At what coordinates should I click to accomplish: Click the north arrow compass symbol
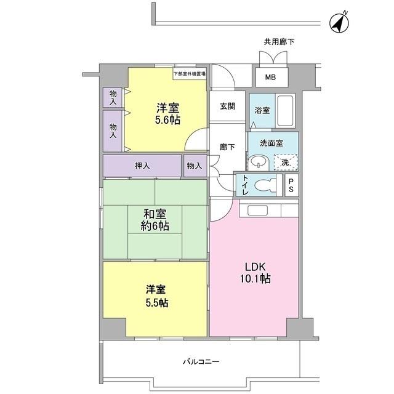(x=338, y=22)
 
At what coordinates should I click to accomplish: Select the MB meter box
(x=270, y=77)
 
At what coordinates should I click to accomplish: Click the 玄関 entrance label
(x=227, y=106)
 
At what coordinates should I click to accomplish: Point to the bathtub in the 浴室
(x=286, y=110)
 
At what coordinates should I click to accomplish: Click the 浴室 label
(x=262, y=111)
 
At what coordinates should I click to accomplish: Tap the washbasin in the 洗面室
(x=257, y=163)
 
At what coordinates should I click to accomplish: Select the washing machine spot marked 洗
(x=285, y=162)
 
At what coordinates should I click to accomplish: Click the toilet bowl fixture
(x=267, y=185)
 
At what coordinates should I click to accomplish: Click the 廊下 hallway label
(x=227, y=147)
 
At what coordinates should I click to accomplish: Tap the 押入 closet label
(x=142, y=166)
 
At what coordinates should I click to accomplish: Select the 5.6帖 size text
(x=167, y=121)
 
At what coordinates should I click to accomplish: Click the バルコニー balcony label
(x=201, y=361)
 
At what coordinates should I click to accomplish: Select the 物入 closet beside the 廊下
(x=194, y=166)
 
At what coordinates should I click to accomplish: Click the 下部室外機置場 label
(x=189, y=73)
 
